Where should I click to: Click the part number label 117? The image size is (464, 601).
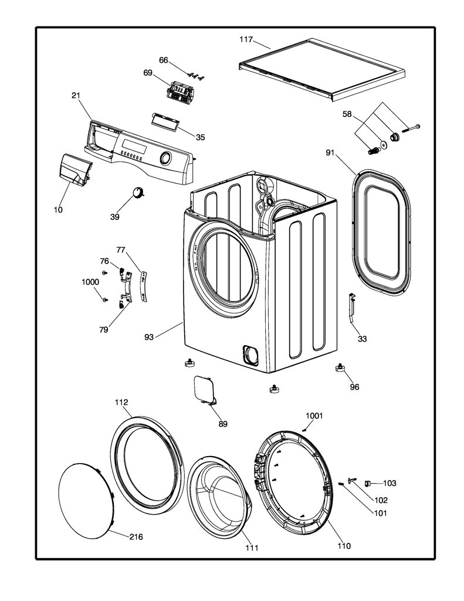(x=246, y=39)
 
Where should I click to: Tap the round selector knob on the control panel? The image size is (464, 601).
(x=165, y=158)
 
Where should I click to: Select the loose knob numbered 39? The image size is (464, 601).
(x=138, y=192)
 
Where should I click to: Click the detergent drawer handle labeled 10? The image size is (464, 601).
(x=76, y=170)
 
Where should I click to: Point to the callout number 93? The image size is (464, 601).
(x=148, y=337)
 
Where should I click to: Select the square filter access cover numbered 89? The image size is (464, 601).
(x=204, y=390)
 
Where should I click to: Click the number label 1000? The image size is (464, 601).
(x=90, y=282)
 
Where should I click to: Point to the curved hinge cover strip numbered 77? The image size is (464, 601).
(x=144, y=285)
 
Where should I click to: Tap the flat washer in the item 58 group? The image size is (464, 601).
(x=384, y=144)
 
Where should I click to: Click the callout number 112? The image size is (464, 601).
(x=121, y=402)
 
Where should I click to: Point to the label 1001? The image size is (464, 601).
(x=314, y=416)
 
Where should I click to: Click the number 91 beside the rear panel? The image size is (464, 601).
(x=330, y=153)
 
